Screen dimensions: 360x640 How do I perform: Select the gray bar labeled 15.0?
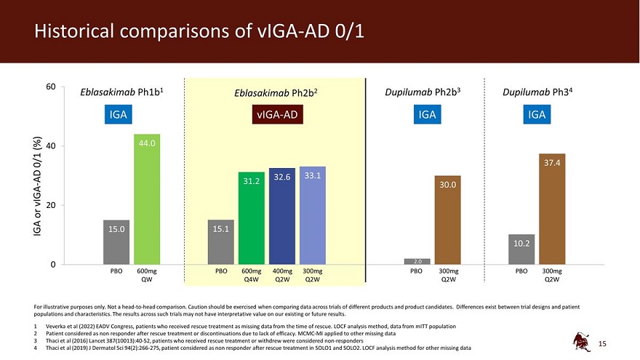[116, 241]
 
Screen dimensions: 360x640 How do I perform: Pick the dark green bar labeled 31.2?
[252, 217]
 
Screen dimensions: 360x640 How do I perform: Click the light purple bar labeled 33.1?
[313, 215]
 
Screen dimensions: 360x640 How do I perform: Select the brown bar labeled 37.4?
[552, 209]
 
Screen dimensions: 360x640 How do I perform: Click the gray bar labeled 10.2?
[521, 249]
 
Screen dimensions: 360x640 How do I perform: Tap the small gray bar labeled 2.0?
[417, 261]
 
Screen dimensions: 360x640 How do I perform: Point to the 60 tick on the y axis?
[51, 87]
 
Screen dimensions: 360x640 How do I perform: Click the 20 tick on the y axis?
[51, 205]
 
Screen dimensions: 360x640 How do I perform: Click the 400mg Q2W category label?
[282, 275]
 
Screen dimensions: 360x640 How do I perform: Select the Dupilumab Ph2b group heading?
[423, 93]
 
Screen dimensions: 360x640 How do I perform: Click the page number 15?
[601, 343]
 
